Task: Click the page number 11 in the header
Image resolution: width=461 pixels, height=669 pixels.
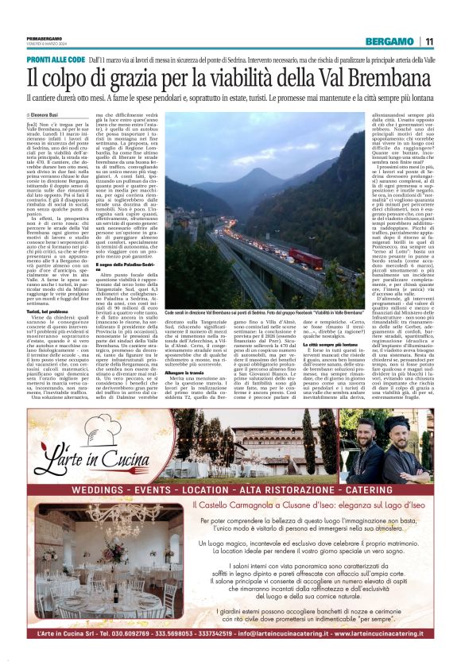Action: (x=429, y=41)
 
